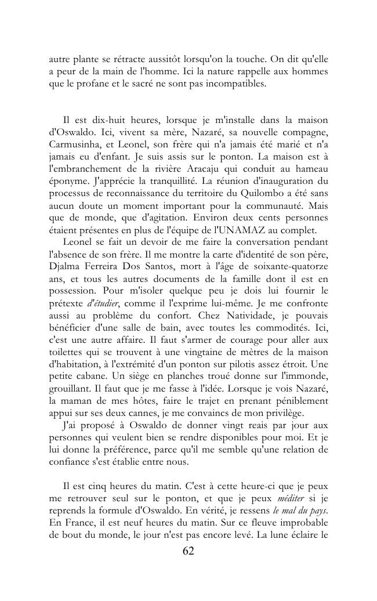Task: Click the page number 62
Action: point(188,551)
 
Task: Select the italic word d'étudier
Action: point(104,303)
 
